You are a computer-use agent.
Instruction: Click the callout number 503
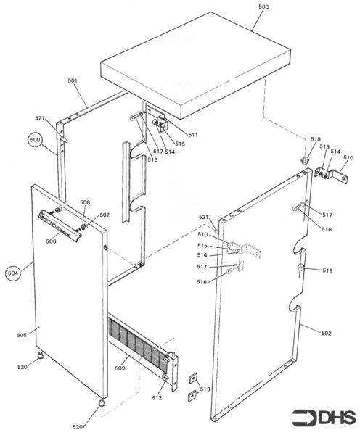[263, 7]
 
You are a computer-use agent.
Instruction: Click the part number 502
[326, 333]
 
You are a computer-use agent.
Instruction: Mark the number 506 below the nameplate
[52, 241]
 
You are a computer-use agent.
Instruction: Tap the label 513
[205, 389]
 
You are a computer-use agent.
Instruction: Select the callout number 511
[193, 135]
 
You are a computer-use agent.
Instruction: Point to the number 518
[315, 139]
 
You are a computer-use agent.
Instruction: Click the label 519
[328, 270]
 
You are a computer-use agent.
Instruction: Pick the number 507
[105, 215]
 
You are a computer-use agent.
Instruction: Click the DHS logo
[324, 417]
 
